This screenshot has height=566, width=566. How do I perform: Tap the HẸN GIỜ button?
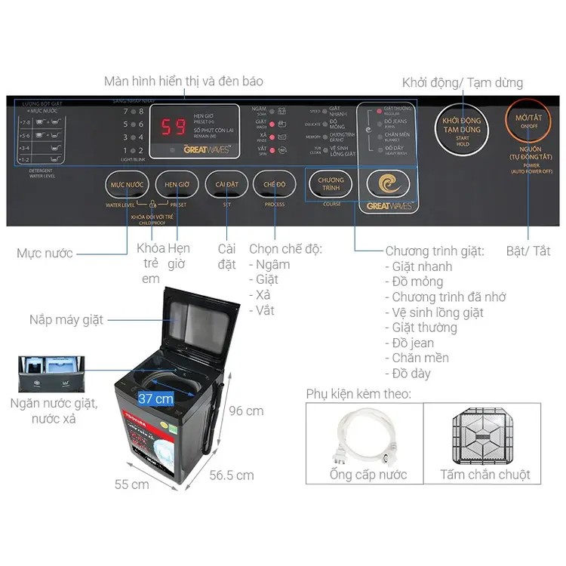click(x=177, y=185)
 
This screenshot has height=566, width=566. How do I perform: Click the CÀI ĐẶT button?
click(x=226, y=185)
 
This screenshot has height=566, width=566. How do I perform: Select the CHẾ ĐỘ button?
click(x=275, y=185)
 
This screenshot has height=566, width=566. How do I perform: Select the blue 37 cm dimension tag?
click(x=155, y=398)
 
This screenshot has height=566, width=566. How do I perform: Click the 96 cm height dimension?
click(x=246, y=411)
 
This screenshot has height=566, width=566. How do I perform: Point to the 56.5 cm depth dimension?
click(x=231, y=475)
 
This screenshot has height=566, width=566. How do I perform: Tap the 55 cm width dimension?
click(x=131, y=484)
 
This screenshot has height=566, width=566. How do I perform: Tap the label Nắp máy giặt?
click(x=66, y=319)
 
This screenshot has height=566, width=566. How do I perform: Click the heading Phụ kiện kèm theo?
click(x=358, y=393)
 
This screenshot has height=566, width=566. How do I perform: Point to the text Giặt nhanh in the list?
click(x=423, y=266)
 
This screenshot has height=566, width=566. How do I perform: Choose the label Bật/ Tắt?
click(x=528, y=251)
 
